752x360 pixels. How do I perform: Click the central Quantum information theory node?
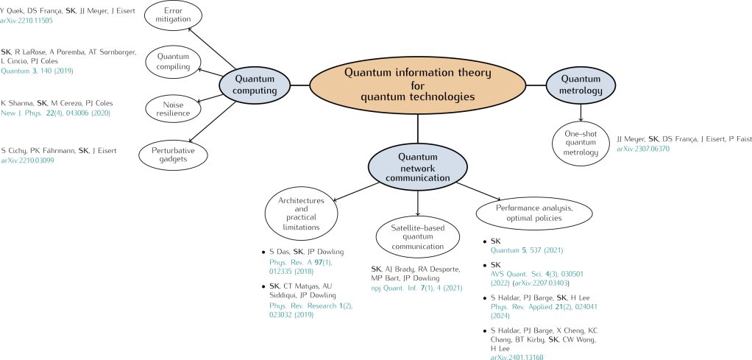point(418,85)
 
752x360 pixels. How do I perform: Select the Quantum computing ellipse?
point(255,85)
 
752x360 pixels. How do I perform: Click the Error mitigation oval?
point(173,16)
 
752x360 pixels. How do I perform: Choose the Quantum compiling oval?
point(174,60)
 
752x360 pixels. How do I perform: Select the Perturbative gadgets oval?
point(173,153)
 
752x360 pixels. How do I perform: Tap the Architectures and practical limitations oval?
point(300,213)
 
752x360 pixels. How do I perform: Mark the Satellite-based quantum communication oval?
point(417,237)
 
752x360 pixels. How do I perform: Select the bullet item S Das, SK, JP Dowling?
point(302,252)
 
